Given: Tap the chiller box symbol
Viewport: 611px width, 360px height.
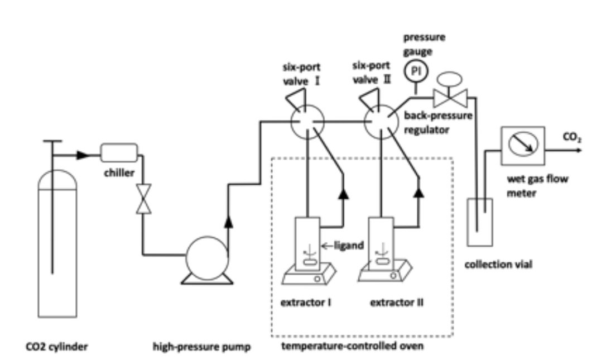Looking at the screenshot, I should pos(119,152).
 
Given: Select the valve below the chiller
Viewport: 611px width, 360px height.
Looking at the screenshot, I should pos(142,198).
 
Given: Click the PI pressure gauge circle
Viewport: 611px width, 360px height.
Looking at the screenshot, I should pos(415,72).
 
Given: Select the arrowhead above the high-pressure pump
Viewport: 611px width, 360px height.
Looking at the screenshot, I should pos(228,223).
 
